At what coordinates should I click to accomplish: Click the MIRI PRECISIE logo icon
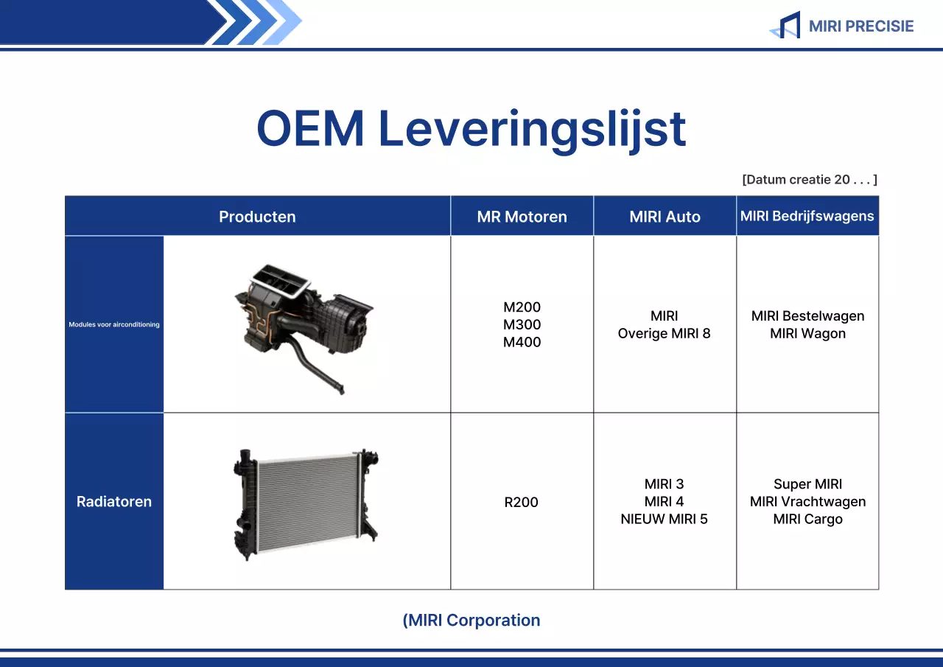[785, 26]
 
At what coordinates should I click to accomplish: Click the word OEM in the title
[310, 129]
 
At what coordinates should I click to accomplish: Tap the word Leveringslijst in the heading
[532, 129]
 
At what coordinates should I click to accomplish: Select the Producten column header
[257, 217]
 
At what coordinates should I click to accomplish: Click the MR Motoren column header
[522, 217]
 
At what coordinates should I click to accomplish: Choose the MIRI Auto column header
[665, 217]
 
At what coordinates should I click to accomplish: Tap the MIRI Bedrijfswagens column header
[807, 216]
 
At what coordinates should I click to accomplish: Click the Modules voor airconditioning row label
[114, 324]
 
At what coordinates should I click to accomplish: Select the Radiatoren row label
[114, 502]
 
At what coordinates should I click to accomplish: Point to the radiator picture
[306, 501]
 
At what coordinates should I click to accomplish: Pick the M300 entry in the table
[522, 325]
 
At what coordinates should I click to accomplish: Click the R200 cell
[522, 503]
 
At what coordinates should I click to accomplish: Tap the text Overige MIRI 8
[665, 334]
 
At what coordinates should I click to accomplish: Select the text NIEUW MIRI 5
[665, 520]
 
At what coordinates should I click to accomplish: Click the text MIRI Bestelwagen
[807, 316]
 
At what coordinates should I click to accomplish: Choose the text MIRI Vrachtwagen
[807, 502]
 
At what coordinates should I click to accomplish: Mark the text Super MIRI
[807, 484]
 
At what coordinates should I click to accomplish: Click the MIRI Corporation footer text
[471, 621]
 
